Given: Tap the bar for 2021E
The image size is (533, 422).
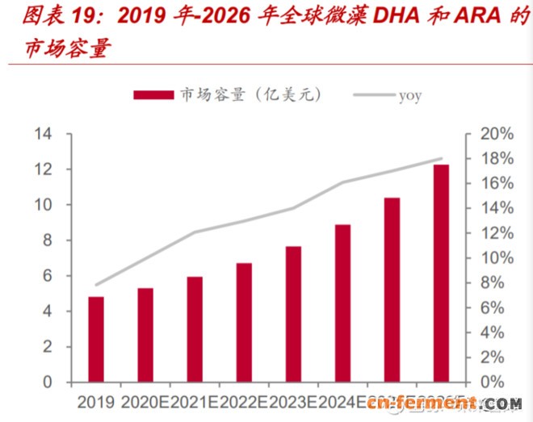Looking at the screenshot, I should pos(195,329).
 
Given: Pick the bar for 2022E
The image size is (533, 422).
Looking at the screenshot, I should pos(244,322).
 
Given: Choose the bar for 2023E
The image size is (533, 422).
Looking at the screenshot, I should pos(293,314).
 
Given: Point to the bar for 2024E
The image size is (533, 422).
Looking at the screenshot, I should pos(342,303).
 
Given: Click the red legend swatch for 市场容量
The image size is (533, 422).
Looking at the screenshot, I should pos(153,95).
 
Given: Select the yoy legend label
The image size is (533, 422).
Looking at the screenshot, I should pos(409,95).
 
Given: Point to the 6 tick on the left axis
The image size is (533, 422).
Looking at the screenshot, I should pos(47,276).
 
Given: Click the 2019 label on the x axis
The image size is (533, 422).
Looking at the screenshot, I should pos(96,401).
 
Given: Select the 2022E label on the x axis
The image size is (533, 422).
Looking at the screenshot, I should pos(244,401).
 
